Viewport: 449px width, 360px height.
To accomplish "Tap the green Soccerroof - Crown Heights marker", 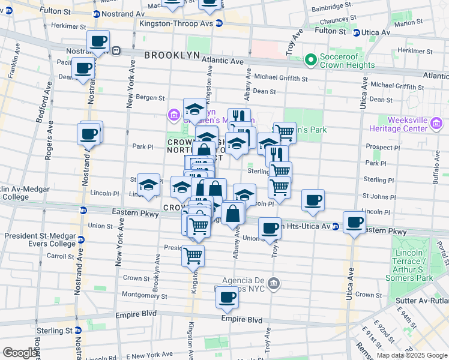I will [310, 59].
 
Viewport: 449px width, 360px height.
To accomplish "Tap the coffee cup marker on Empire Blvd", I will [228, 298].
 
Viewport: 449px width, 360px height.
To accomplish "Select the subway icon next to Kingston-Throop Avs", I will [219, 23].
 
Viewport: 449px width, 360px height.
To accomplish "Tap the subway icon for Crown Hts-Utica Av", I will [336, 226].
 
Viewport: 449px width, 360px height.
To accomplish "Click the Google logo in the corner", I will [20, 353].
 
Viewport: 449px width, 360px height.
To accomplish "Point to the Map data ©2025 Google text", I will [412, 355].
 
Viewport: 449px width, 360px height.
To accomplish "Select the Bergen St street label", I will [149, 97].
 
